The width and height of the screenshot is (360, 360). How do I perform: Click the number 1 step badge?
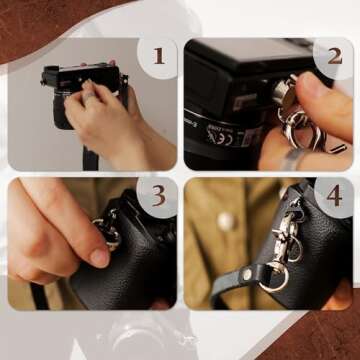tap(158, 56)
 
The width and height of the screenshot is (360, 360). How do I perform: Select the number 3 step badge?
tap(158, 196)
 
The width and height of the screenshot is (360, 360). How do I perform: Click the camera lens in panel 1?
tap(50, 77)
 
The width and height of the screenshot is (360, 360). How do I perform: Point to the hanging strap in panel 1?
tap(90, 155)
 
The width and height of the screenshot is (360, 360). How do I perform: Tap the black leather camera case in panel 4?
tap(320, 250)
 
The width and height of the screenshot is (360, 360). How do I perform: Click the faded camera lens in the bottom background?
tap(150, 338)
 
